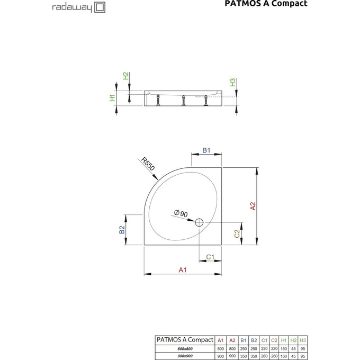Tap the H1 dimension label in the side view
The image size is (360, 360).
[x=112, y=97]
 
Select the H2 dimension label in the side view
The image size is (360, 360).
[x=125, y=76]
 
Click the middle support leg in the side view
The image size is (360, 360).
[x=183, y=100]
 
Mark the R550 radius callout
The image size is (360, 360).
[x=149, y=165]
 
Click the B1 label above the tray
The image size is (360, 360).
[x=206, y=151]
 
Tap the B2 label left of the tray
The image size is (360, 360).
[x=121, y=229]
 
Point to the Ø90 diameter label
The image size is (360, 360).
[x=181, y=213]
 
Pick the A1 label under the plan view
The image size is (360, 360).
[x=183, y=270]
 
